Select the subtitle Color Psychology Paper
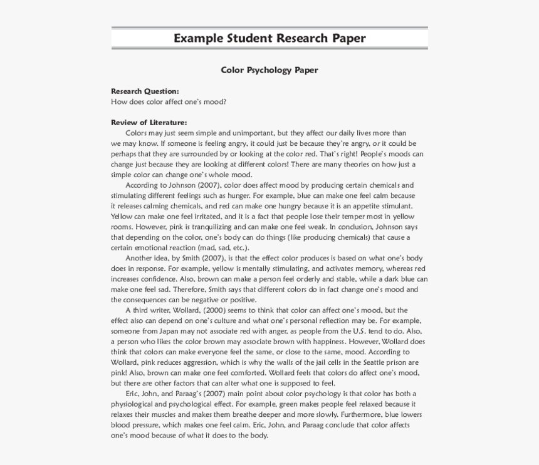[x=269, y=70]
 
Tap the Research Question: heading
[x=145, y=91]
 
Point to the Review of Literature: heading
[x=149, y=123]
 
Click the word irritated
[x=192, y=217]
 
